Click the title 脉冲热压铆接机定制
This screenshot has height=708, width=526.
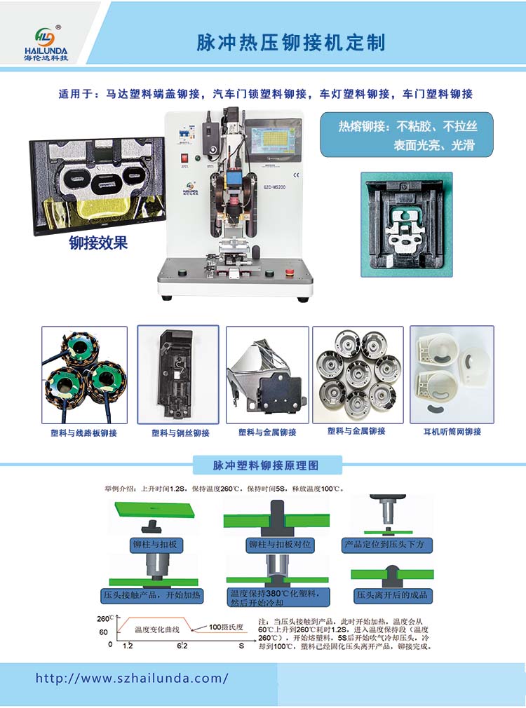(x=291, y=43)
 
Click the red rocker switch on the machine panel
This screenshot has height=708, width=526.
(x=184, y=158)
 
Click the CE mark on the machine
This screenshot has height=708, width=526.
(x=295, y=175)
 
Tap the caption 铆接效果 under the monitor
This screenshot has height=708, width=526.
(x=98, y=244)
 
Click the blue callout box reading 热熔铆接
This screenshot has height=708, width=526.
(x=407, y=135)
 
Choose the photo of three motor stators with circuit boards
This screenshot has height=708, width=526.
(x=84, y=374)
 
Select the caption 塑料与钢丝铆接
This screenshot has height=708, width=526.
(x=180, y=433)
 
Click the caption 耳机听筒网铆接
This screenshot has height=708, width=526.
(x=452, y=432)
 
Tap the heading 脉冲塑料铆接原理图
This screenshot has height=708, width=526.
(x=266, y=465)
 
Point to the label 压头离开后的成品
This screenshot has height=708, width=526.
(x=391, y=596)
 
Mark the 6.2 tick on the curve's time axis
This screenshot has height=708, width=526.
(x=182, y=644)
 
